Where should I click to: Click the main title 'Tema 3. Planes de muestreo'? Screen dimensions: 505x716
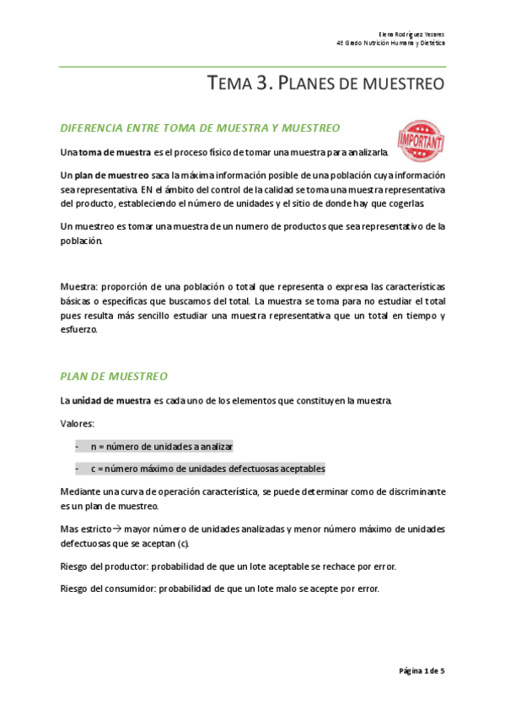coord(325,84)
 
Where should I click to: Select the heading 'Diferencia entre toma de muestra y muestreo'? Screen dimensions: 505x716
coord(200,127)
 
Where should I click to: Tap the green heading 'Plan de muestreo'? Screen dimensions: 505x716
coord(115,376)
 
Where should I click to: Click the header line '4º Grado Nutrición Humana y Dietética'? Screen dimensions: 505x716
coord(390,42)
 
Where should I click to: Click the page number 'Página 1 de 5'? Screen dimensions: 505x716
coord(422,670)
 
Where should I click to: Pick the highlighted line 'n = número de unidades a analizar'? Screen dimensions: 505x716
coord(162,446)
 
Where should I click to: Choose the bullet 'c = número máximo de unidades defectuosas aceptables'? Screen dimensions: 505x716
coord(207,469)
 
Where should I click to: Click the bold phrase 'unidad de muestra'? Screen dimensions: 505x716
coord(111,399)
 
